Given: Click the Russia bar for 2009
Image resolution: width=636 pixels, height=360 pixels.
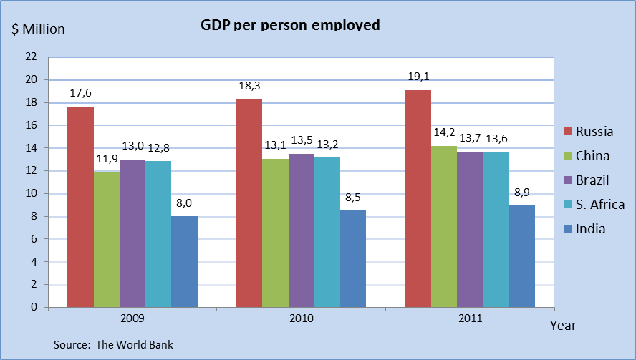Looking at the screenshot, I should click(80, 207).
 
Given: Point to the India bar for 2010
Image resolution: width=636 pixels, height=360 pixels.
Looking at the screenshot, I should click(353, 258).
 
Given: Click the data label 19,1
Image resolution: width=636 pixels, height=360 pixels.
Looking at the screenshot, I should click(418, 77).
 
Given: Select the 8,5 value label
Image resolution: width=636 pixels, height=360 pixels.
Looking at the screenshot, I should click(353, 197).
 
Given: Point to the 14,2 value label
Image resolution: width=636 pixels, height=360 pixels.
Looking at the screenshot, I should click(444, 133).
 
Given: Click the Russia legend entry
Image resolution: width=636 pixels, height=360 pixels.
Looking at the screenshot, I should click(594, 131).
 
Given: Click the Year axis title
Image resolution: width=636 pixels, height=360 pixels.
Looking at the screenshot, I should click(563, 326).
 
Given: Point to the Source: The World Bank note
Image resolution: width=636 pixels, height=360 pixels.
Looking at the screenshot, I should click(113, 344).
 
